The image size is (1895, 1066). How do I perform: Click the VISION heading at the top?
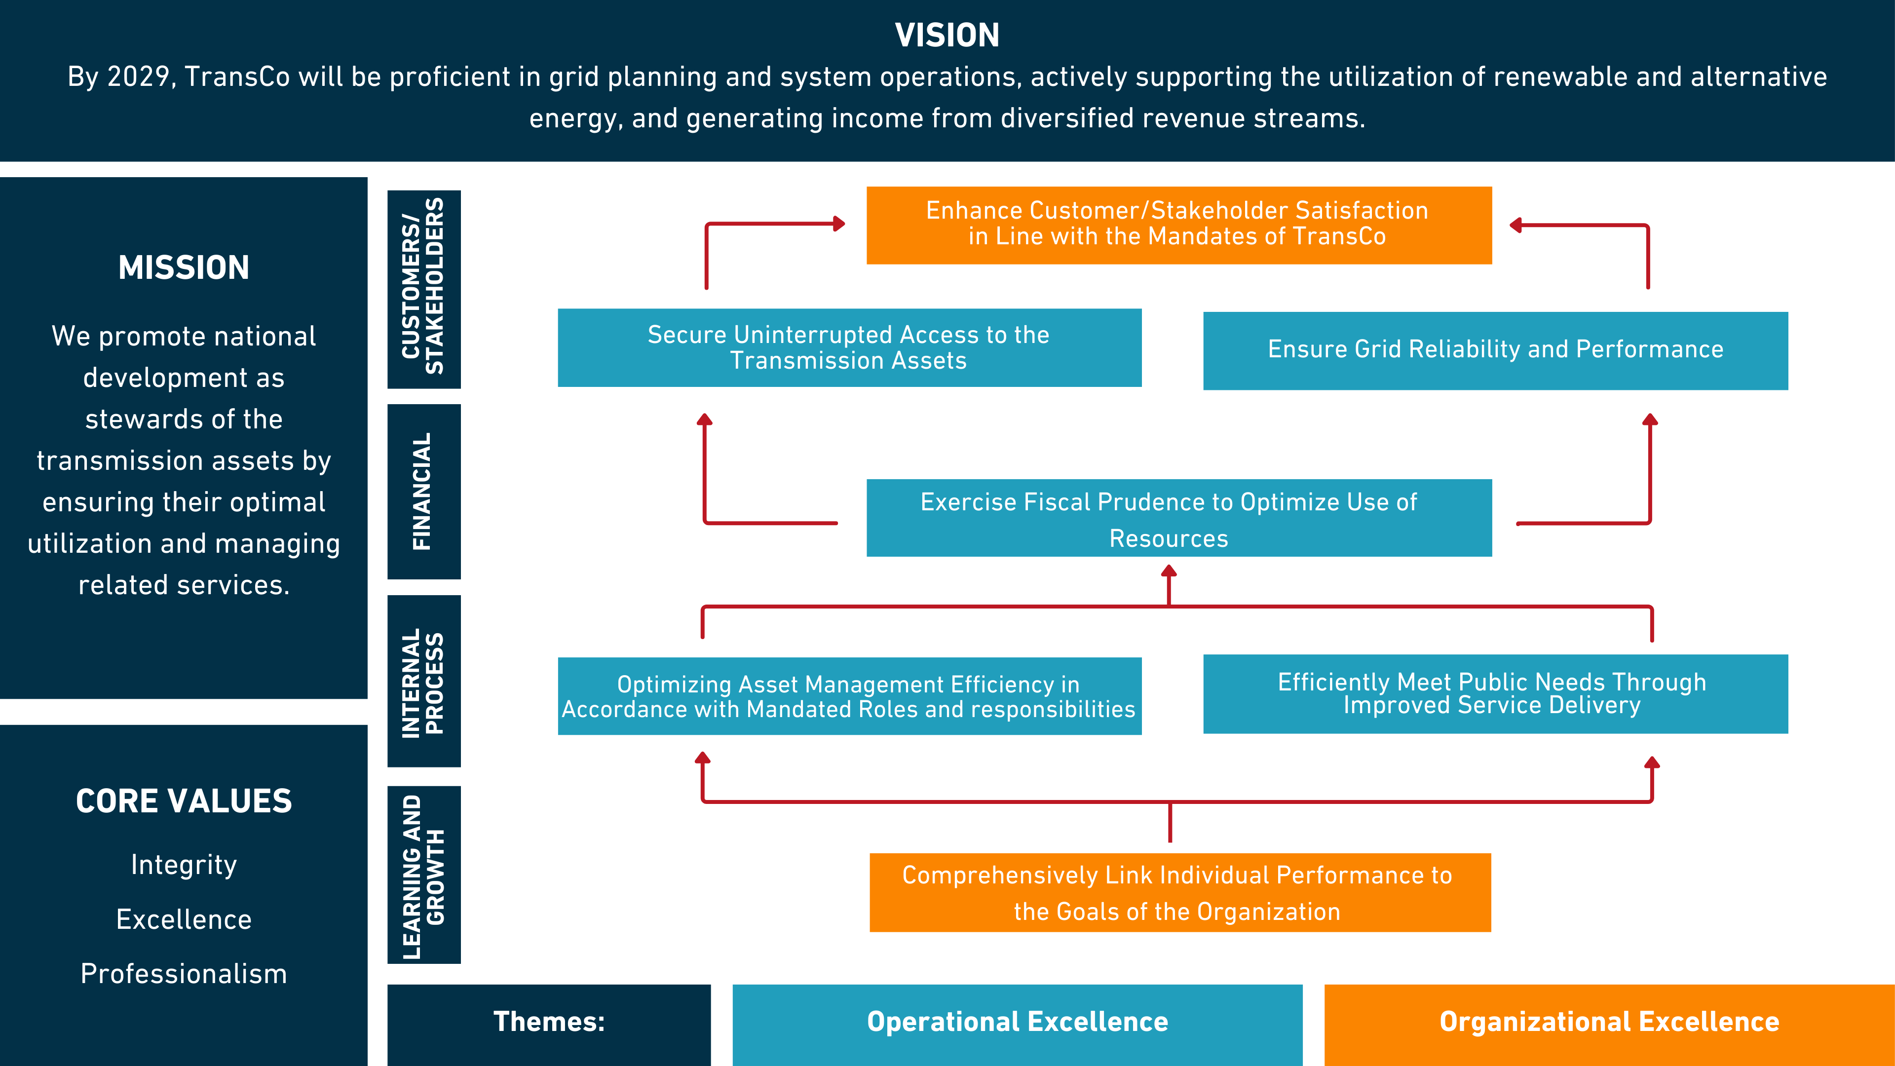point(947,36)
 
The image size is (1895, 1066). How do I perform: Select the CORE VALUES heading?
point(184,801)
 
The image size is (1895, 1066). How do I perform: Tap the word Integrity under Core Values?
point(184,865)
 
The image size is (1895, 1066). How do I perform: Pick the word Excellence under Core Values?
point(184,919)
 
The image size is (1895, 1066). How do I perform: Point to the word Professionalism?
point(184,974)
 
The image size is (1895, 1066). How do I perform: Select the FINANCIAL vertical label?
point(424,492)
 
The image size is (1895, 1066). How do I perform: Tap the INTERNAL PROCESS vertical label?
point(424,681)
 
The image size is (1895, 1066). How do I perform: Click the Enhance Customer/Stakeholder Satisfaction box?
point(1178,225)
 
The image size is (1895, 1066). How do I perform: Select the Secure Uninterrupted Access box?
point(849,347)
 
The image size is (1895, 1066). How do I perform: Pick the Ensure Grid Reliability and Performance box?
point(1495,350)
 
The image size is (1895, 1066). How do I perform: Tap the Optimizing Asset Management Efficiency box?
point(849,696)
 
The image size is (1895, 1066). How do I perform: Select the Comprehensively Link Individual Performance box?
point(1179,892)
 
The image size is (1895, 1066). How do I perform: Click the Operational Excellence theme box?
point(1018,1023)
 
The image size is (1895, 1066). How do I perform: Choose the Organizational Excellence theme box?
point(1609,1023)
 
